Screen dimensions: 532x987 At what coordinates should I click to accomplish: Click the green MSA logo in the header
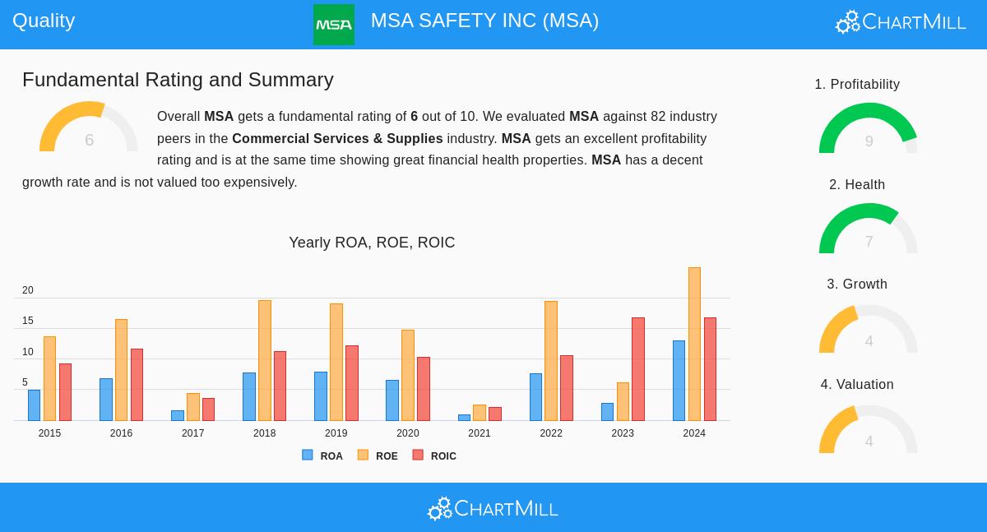(333, 25)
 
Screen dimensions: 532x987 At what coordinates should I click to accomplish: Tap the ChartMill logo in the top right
(901, 22)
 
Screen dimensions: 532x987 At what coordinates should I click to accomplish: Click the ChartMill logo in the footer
(493, 509)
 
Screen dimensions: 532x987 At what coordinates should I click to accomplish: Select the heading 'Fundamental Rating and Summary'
(178, 80)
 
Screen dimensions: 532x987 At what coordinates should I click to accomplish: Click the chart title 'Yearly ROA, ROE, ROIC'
(372, 243)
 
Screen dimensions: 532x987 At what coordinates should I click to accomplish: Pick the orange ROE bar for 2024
(694, 344)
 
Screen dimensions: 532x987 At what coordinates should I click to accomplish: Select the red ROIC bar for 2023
(638, 369)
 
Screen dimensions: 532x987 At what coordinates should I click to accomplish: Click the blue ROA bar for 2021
(464, 418)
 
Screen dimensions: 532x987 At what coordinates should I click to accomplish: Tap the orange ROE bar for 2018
(264, 360)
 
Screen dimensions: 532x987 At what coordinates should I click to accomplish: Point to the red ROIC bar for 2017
(209, 409)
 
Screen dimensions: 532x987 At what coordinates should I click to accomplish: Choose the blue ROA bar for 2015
(34, 405)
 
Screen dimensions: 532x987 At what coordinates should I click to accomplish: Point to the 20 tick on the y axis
(28, 290)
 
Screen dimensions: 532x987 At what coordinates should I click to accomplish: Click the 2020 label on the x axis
(408, 433)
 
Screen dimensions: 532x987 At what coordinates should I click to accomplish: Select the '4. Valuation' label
(857, 385)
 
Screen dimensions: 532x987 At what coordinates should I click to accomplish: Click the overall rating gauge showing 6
(88, 128)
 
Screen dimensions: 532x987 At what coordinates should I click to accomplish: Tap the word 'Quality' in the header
(44, 21)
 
